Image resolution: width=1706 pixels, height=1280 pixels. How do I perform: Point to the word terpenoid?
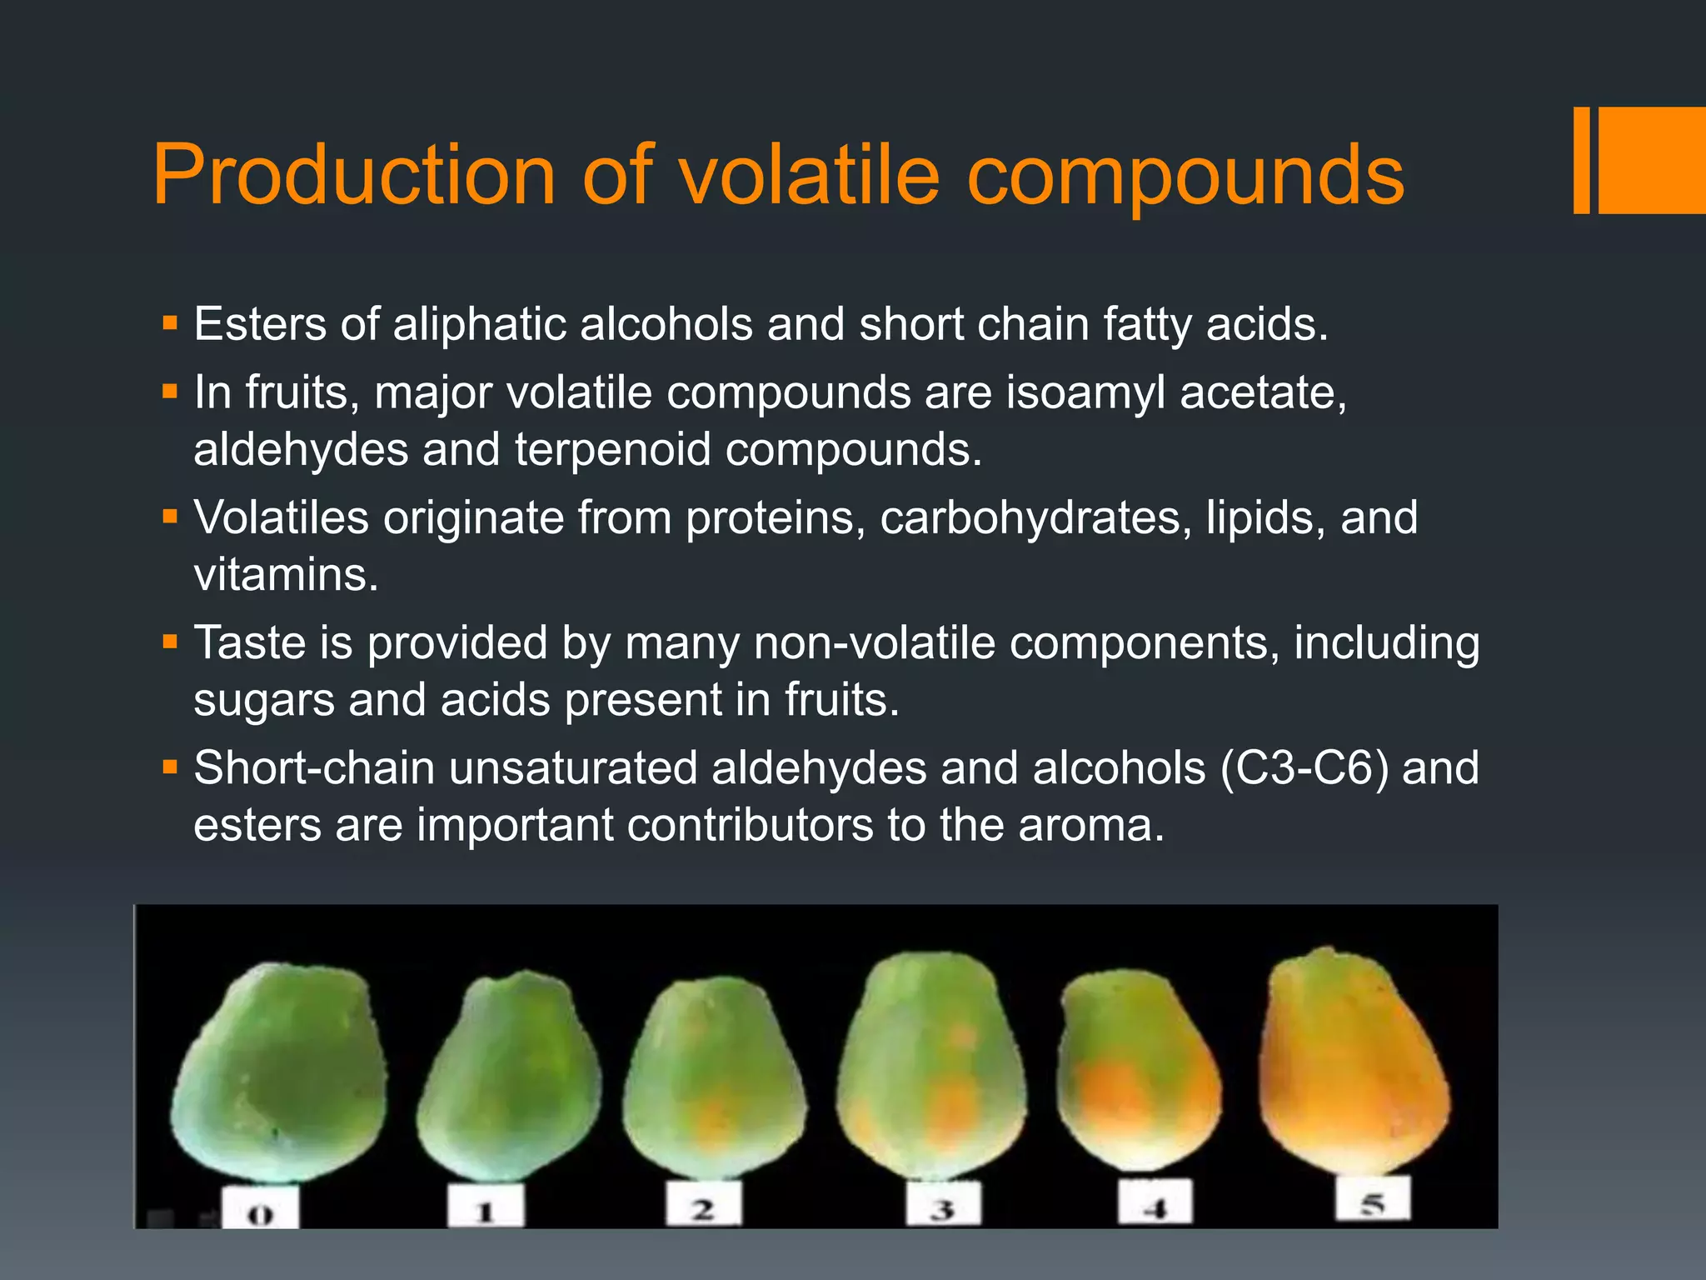point(612,449)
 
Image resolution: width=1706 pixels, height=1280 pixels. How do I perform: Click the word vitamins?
point(286,575)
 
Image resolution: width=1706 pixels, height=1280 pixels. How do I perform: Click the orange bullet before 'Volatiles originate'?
point(171,517)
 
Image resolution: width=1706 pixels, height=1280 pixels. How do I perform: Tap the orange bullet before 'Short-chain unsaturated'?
point(171,767)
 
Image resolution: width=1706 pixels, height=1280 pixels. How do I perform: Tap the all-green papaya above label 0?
point(280,1075)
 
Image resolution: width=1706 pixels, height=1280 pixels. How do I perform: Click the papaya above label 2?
point(714,1079)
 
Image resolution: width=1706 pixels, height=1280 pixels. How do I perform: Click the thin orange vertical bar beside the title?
point(1581,160)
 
